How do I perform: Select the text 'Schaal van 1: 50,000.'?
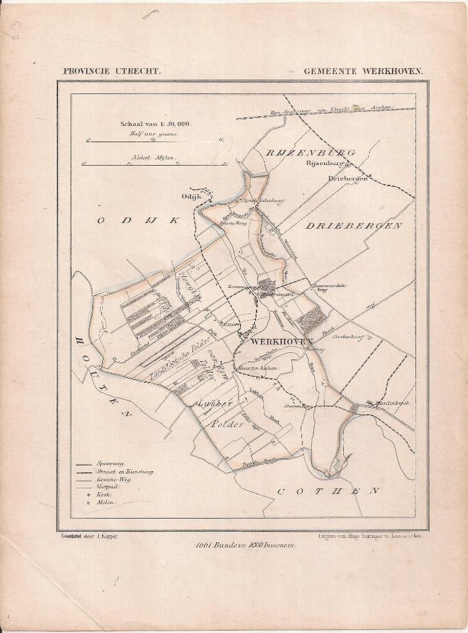pyautogui.click(x=155, y=124)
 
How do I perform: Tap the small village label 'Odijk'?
pyautogui.click(x=191, y=197)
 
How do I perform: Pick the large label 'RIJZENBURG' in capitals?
pyautogui.click(x=310, y=152)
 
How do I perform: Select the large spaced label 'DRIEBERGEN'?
pyautogui.click(x=354, y=226)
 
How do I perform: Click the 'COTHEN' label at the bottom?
pyautogui.click(x=328, y=491)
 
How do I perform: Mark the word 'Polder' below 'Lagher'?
pyautogui.click(x=226, y=425)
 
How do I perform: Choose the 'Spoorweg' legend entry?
pyautogui.click(x=110, y=464)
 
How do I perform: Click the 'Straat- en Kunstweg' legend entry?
pyautogui.click(x=124, y=472)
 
